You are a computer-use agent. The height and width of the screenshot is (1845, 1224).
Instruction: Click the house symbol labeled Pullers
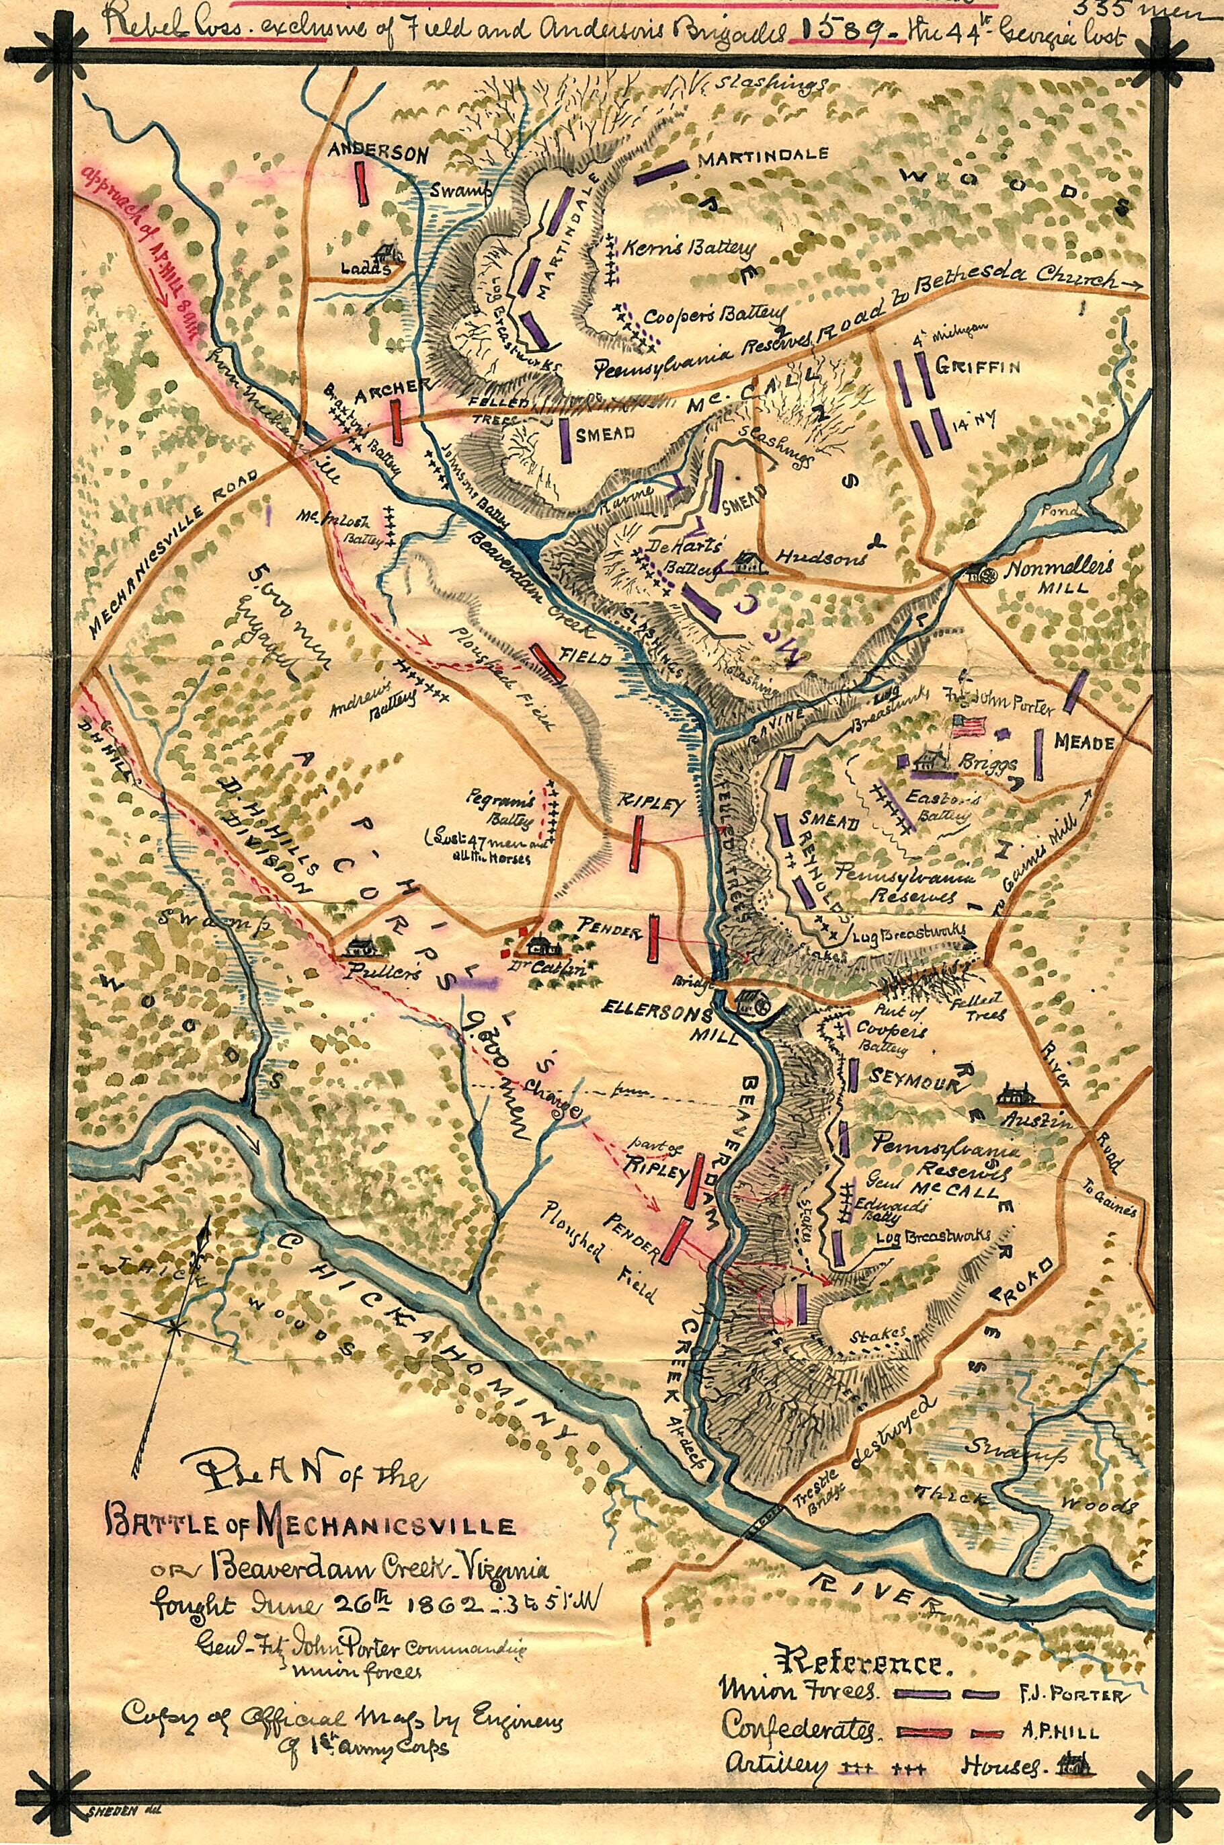[x=358, y=948]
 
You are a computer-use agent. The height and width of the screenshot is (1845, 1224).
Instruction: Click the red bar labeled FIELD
[x=548, y=664]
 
